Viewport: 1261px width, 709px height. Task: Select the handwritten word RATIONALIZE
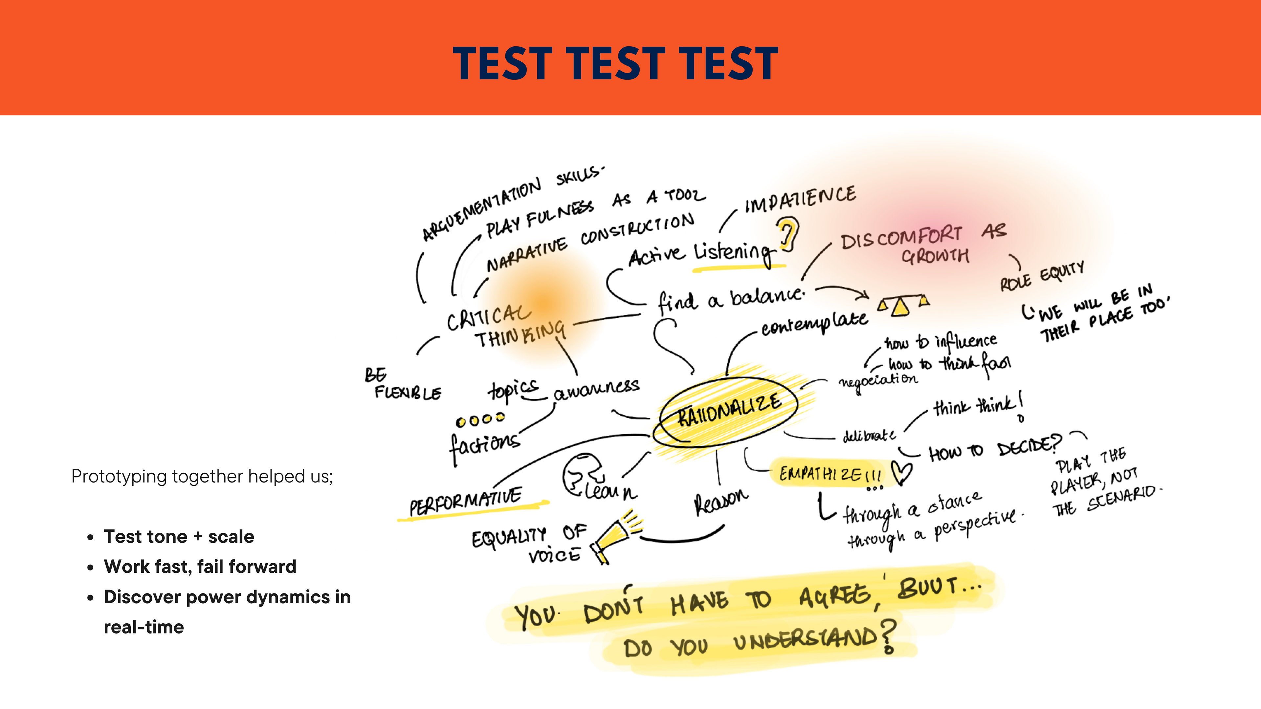tap(729, 410)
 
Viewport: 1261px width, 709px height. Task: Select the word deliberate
tap(869, 436)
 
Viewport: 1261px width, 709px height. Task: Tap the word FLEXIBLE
tap(408, 393)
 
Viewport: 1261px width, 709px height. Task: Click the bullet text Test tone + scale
tap(179, 537)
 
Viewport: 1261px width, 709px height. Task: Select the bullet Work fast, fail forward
tap(200, 567)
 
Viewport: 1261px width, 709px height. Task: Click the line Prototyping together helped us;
tap(202, 476)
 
